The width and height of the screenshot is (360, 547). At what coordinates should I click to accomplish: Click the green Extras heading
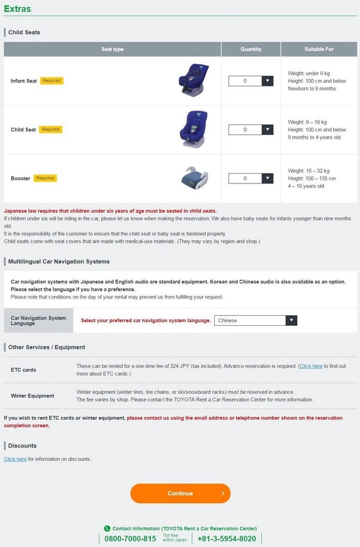point(17,9)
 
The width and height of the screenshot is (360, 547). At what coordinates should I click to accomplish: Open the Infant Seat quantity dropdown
point(250,81)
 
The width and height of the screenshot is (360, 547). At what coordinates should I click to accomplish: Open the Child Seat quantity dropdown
point(250,129)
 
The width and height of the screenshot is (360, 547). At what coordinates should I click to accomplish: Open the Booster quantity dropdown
point(250,178)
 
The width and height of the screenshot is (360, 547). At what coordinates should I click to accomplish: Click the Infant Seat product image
point(193,81)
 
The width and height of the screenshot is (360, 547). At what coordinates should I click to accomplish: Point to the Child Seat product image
point(193,129)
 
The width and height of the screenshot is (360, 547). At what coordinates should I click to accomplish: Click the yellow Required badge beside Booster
point(45,178)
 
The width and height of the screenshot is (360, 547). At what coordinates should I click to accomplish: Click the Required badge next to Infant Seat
point(51,81)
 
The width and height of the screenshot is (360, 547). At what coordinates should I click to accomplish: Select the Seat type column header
point(112,49)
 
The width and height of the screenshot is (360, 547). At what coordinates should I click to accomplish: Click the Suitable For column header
point(319,49)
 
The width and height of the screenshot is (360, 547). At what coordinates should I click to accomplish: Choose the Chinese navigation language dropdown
point(255,321)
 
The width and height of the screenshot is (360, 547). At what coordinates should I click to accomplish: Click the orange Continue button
point(180,494)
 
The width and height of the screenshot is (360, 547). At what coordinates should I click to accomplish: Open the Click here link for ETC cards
point(311,366)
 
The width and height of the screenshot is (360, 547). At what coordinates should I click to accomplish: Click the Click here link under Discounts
point(15,459)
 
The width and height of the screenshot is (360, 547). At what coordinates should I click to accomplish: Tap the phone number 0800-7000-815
point(130,539)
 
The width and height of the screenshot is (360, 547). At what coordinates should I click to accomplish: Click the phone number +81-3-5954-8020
point(226,539)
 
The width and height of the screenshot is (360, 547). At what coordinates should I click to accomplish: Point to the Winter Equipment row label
point(33,396)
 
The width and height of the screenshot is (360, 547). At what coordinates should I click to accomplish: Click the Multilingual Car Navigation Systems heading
point(59,261)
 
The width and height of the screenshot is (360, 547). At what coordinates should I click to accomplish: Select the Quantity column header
point(251,49)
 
